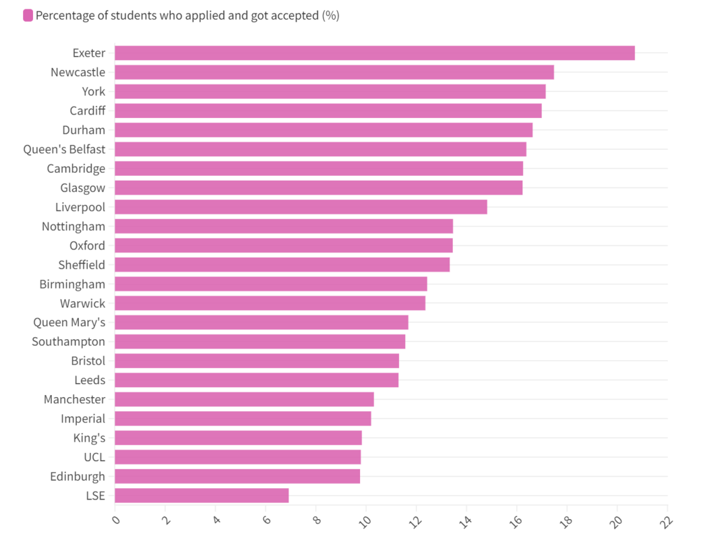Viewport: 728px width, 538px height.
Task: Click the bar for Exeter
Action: point(374,53)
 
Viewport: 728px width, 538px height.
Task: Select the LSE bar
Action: point(202,496)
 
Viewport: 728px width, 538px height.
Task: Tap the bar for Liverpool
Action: point(301,207)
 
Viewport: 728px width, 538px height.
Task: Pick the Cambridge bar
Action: point(319,169)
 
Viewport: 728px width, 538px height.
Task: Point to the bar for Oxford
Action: point(284,245)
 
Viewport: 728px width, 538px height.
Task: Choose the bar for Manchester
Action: point(244,399)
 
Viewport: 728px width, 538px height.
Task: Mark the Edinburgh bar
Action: point(237,477)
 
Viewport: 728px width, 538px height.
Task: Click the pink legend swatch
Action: point(28,16)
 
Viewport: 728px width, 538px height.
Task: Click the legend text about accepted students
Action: point(187,16)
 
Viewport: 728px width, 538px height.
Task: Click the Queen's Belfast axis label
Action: point(64,149)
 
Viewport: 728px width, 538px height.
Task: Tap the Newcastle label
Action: point(78,72)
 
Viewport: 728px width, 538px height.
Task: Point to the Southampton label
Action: point(68,342)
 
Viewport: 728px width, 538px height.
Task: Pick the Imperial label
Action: point(83,419)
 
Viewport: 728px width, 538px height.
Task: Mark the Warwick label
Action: point(82,303)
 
